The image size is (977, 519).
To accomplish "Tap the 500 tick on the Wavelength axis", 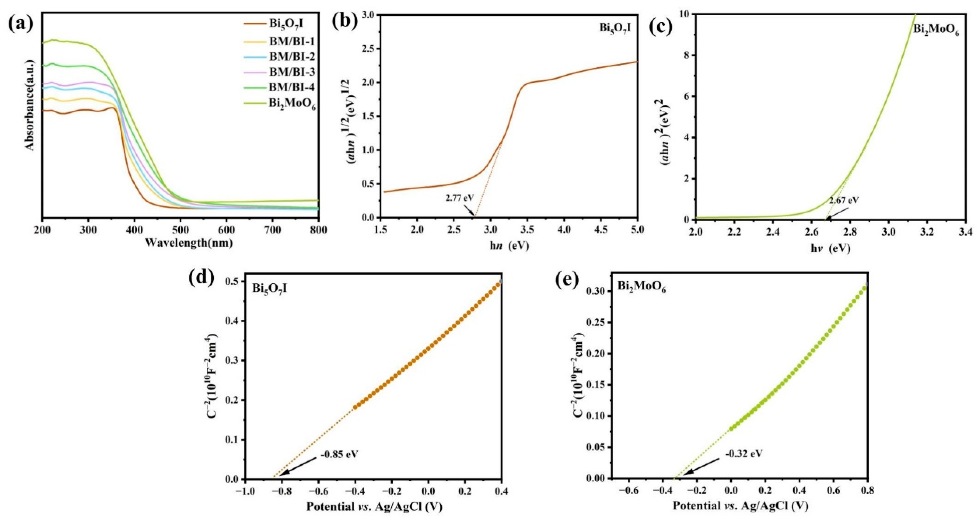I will [181, 230].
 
